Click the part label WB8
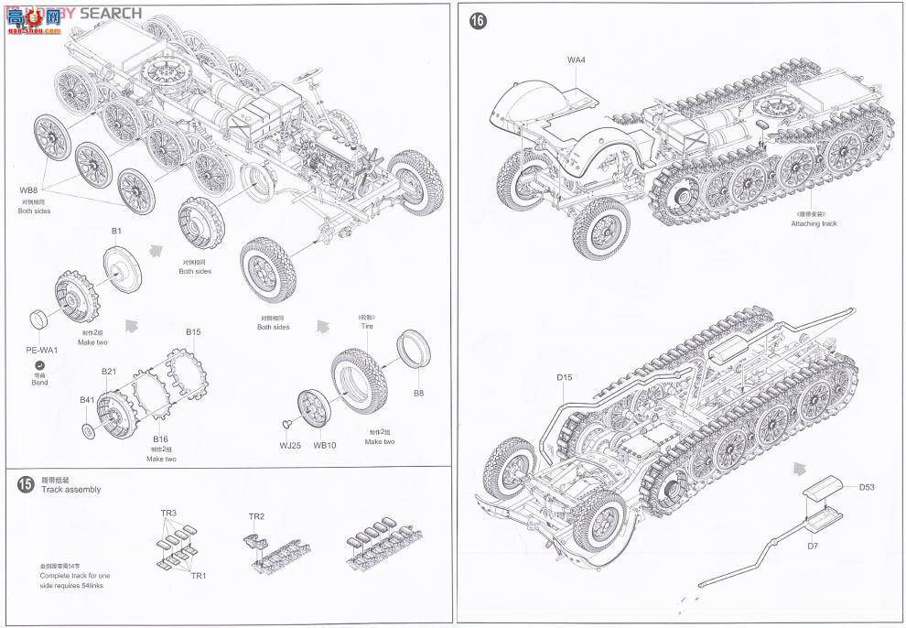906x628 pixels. (x=30, y=190)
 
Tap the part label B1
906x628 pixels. (x=116, y=232)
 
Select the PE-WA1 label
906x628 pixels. (x=42, y=350)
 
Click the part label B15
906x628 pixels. (x=193, y=331)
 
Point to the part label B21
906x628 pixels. (x=109, y=371)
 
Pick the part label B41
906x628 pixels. (x=87, y=400)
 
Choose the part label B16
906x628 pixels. (x=160, y=439)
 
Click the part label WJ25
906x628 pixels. (x=289, y=446)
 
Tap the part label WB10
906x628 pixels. (x=325, y=446)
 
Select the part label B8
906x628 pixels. (x=418, y=393)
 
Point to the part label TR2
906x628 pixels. (x=256, y=516)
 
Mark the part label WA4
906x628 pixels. (x=576, y=60)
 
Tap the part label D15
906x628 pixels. (x=564, y=377)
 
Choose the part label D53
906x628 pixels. (x=866, y=487)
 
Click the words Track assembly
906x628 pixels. (x=70, y=490)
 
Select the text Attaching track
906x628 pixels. (x=814, y=223)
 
